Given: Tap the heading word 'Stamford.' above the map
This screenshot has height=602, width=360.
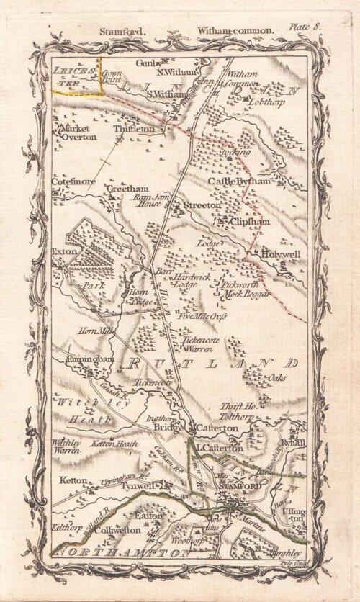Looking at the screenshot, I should click(117, 30).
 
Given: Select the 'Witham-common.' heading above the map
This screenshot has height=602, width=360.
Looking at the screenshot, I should click(234, 30).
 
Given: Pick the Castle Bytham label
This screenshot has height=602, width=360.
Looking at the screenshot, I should click(240, 181).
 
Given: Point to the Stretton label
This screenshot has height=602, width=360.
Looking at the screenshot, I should click(202, 205).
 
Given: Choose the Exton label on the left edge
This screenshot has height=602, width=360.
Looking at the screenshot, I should click(63, 252).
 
